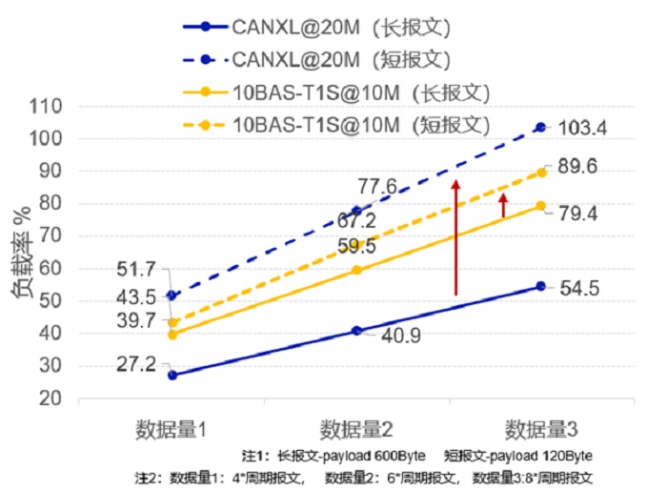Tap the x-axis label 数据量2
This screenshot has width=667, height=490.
click(356, 426)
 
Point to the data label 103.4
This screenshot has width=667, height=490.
click(583, 128)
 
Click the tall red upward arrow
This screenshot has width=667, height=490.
click(455, 236)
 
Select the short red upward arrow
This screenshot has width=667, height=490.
click(504, 205)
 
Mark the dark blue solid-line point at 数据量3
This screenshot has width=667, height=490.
click(541, 286)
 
